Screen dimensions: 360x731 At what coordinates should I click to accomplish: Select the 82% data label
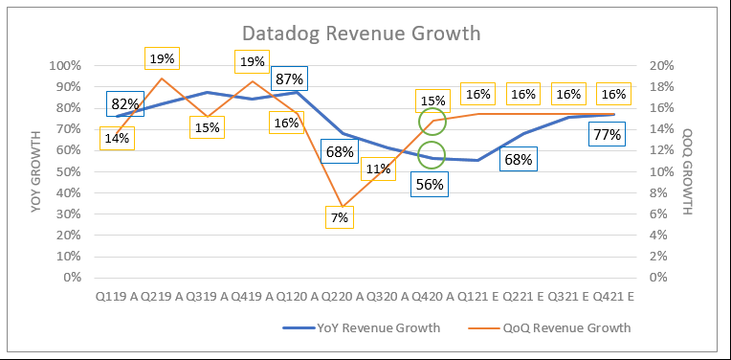(x=125, y=104)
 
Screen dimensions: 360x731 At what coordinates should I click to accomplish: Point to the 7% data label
(x=341, y=217)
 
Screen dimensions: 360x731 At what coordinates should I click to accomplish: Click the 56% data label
(x=430, y=185)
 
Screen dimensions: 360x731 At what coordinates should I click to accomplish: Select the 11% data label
(x=378, y=169)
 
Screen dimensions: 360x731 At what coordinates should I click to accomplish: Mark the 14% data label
(x=117, y=138)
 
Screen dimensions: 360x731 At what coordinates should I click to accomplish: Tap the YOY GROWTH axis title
(x=37, y=171)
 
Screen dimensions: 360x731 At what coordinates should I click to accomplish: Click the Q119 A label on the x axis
(x=115, y=297)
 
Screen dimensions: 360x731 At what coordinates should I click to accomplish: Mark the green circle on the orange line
(x=432, y=122)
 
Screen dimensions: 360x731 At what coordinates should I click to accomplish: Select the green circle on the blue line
(x=432, y=156)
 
